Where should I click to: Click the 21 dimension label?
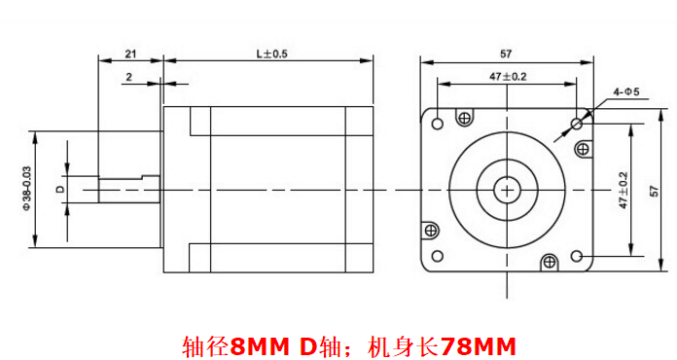pyautogui.click(x=130, y=54)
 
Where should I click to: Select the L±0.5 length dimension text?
pyautogui.click(x=272, y=54)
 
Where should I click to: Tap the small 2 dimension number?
pyautogui.click(x=129, y=77)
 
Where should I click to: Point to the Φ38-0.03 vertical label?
pyautogui.click(x=27, y=188)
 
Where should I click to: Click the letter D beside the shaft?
pyautogui.click(x=60, y=189)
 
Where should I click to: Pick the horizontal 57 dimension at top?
pyautogui.click(x=506, y=54)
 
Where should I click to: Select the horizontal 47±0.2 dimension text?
pyautogui.click(x=508, y=77)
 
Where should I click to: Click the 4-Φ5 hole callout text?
pyautogui.click(x=626, y=91)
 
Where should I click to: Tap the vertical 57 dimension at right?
pyautogui.click(x=655, y=191)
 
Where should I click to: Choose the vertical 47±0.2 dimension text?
pyautogui.click(x=624, y=191)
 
